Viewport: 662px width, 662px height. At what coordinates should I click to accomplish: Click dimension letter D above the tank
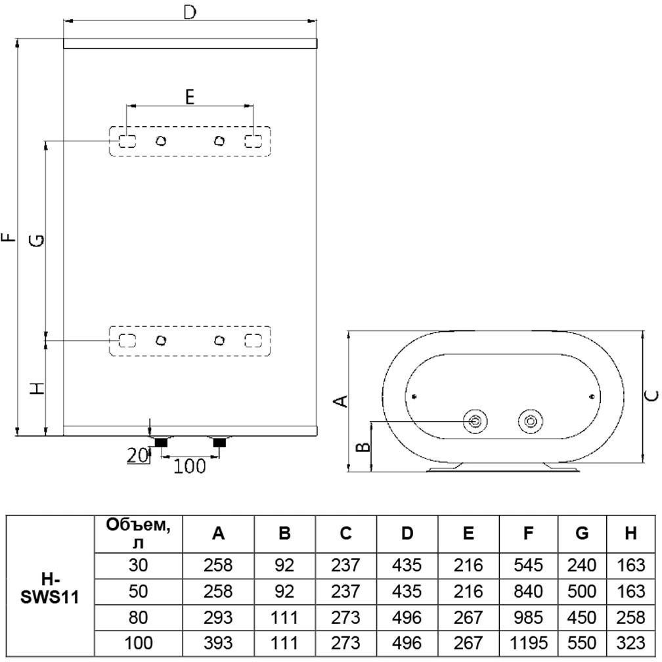pyautogui.click(x=190, y=13)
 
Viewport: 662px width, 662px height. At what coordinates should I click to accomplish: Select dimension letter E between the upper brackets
pyautogui.click(x=189, y=97)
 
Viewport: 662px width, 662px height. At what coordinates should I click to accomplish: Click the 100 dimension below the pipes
pyautogui.click(x=190, y=466)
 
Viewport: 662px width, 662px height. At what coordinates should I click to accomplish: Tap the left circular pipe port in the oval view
pyautogui.click(x=475, y=421)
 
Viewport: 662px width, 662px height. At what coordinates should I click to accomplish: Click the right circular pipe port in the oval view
pyautogui.click(x=529, y=421)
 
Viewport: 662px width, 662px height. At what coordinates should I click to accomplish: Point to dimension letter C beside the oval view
pyautogui.click(x=650, y=395)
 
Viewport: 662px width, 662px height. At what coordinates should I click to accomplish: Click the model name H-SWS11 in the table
pyautogui.click(x=50, y=586)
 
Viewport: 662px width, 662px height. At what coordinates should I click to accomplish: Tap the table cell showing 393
pyautogui.click(x=219, y=643)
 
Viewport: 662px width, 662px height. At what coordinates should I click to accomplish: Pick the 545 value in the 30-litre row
pyautogui.click(x=529, y=565)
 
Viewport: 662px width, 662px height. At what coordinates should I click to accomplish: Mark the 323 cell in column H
pyautogui.click(x=631, y=643)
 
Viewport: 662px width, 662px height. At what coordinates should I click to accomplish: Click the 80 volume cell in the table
pyautogui.click(x=139, y=617)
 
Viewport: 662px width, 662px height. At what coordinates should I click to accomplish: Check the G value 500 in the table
pyautogui.click(x=582, y=591)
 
